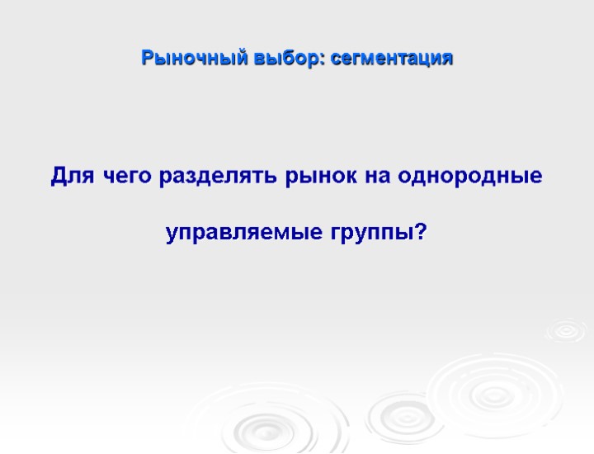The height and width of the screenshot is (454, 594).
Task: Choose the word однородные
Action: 470,177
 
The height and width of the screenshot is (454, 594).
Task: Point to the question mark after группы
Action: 421,233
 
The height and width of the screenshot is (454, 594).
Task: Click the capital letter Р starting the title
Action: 147,59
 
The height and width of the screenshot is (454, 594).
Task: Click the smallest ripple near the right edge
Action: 566,330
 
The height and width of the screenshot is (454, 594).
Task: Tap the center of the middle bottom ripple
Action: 400,413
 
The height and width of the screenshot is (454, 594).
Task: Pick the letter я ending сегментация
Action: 447,60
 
